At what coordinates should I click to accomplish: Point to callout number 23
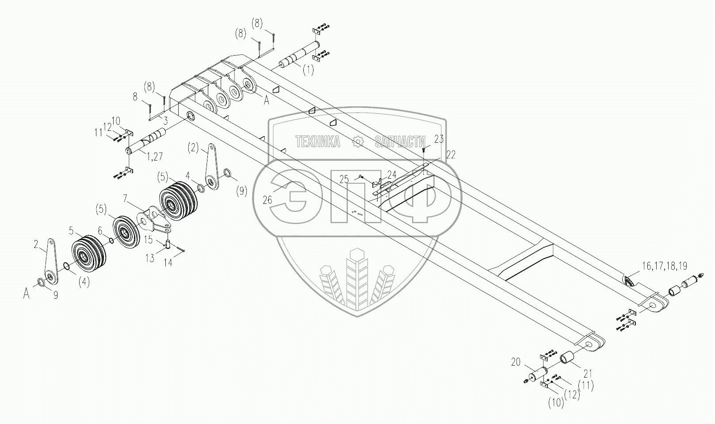(439, 139)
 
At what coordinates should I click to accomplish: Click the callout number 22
(450, 154)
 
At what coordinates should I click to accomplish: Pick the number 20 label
(516, 363)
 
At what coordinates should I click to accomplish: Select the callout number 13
(150, 258)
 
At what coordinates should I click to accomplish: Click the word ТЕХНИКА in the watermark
(318, 141)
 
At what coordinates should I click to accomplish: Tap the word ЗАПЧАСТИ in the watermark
(401, 141)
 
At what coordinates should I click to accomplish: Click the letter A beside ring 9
(27, 293)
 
